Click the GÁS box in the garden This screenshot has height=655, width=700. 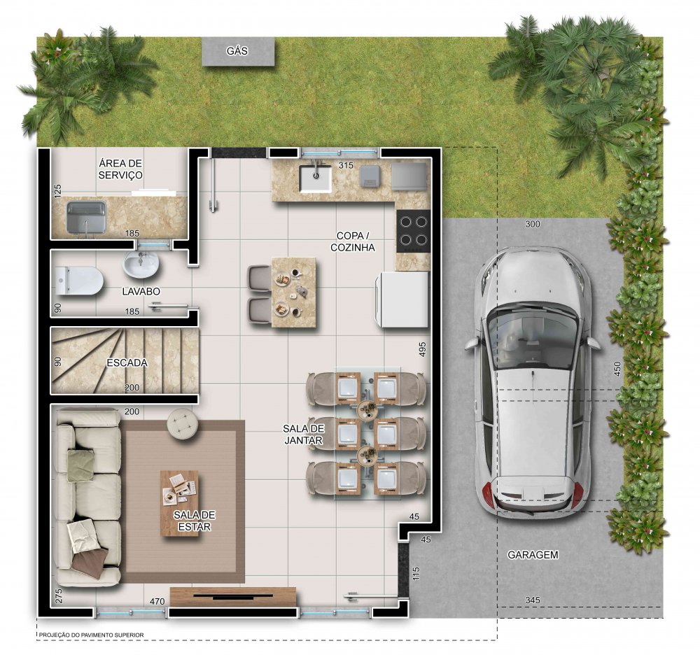(238, 51)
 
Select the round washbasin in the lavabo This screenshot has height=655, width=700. (141, 264)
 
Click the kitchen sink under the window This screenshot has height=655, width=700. (316, 178)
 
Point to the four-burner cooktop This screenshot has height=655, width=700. (413, 231)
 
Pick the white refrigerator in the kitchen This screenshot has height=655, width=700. (402, 300)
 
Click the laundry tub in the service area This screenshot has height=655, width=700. (87, 218)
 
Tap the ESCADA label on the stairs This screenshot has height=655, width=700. (127, 363)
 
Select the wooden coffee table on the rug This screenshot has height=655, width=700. (179, 503)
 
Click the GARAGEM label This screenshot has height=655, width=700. (533, 555)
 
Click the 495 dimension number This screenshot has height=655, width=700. (422, 349)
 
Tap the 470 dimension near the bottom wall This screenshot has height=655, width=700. (157, 601)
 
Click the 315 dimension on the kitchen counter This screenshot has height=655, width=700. (346, 165)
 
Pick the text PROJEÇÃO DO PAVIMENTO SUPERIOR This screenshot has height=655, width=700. (91, 635)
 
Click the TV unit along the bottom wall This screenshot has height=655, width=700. (233, 596)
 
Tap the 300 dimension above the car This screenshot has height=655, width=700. (532, 224)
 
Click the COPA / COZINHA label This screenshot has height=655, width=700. (353, 241)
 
